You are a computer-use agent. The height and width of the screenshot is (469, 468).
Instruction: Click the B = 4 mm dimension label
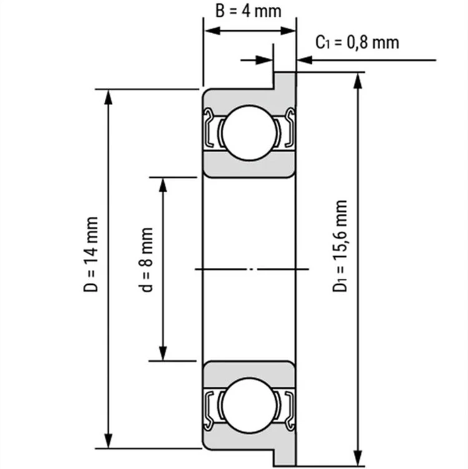coord(248,11)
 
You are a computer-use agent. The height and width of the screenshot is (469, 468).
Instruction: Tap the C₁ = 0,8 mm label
coord(357,42)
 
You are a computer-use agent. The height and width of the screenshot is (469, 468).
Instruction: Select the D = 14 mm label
coord(90,254)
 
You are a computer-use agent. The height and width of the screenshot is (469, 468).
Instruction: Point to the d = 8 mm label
coord(146,260)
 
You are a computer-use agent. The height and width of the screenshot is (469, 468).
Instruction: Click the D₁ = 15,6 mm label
coord(340,246)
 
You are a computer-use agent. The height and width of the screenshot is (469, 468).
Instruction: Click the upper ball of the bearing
coord(249,132)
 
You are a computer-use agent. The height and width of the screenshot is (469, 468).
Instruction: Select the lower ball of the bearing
coord(249,405)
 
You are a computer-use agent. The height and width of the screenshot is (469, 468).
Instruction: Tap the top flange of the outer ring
coord(285,80)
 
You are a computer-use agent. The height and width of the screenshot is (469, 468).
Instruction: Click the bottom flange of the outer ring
coord(285,457)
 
